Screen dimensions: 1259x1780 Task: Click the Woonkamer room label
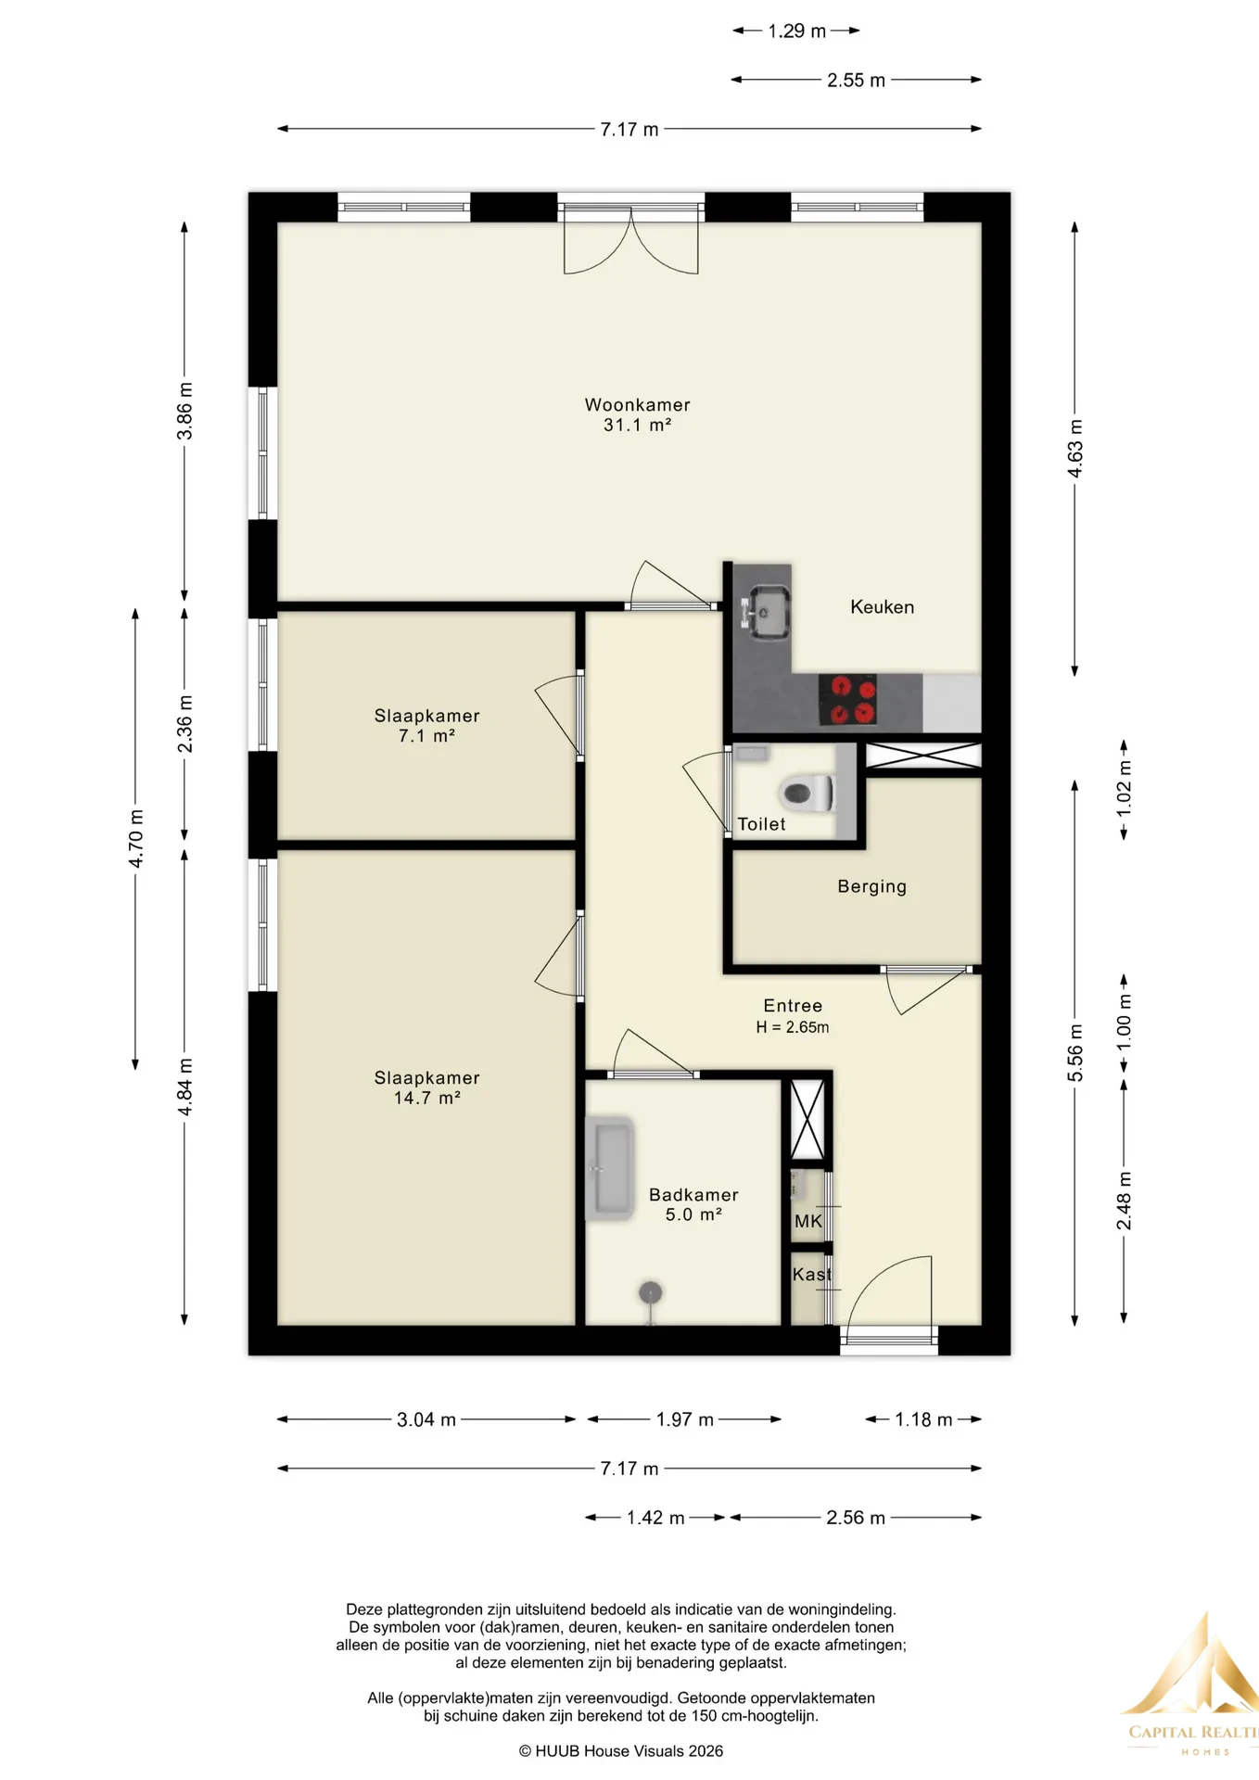pyautogui.click(x=637, y=405)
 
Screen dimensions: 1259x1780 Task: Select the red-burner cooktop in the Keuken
pyautogui.click(x=847, y=700)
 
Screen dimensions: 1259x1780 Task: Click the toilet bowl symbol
pyautogui.click(x=808, y=794)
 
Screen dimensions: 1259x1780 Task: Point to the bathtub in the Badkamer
pyautogui.click(x=609, y=1168)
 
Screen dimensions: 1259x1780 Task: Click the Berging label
pyautogui.click(x=871, y=886)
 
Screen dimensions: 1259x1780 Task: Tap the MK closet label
pyautogui.click(x=808, y=1221)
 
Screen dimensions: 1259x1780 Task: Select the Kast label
pyautogui.click(x=812, y=1275)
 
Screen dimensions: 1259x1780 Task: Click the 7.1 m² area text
pyautogui.click(x=426, y=736)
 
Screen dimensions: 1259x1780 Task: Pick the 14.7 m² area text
pyautogui.click(x=427, y=1098)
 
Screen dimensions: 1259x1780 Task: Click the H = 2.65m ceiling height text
pyautogui.click(x=793, y=1027)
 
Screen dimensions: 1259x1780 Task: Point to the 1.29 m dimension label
pyautogui.click(x=796, y=31)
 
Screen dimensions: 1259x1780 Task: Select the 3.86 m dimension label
pyautogui.click(x=184, y=411)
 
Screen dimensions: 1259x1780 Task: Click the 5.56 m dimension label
pyautogui.click(x=1075, y=1052)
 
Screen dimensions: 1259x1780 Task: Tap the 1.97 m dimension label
pyautogui.click(x=684, y=1419)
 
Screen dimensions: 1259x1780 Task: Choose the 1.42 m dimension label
pyautogui.click(x=655, y=1518)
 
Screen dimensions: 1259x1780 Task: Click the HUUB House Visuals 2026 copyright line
pyautogui.click(x=621, y=1751)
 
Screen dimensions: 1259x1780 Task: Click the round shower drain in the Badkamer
pyautogui.click(x=651, y=1292)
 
